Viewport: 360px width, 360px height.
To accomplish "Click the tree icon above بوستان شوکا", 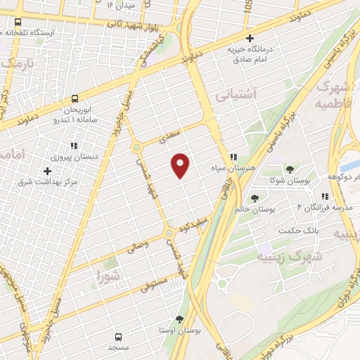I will [289, 169].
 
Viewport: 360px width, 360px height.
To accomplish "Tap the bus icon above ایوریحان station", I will [75, 98].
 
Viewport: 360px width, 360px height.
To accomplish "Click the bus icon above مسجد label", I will [118, 336].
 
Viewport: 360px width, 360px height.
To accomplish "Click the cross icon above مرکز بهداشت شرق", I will [48, 171].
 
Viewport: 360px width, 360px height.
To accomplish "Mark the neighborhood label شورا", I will [109, 276].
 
